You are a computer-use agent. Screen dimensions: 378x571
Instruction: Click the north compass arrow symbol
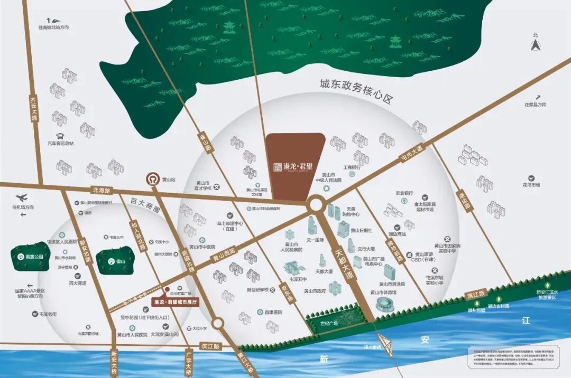point(535,45)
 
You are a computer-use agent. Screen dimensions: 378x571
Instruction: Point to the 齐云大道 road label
point(34,108)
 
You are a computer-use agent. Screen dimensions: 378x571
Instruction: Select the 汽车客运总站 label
point(60,143)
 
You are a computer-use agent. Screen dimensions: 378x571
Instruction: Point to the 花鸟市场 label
point(531,185)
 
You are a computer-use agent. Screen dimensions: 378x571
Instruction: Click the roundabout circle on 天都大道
point(316,204)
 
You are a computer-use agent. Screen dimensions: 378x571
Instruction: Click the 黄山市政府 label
point(315,291)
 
